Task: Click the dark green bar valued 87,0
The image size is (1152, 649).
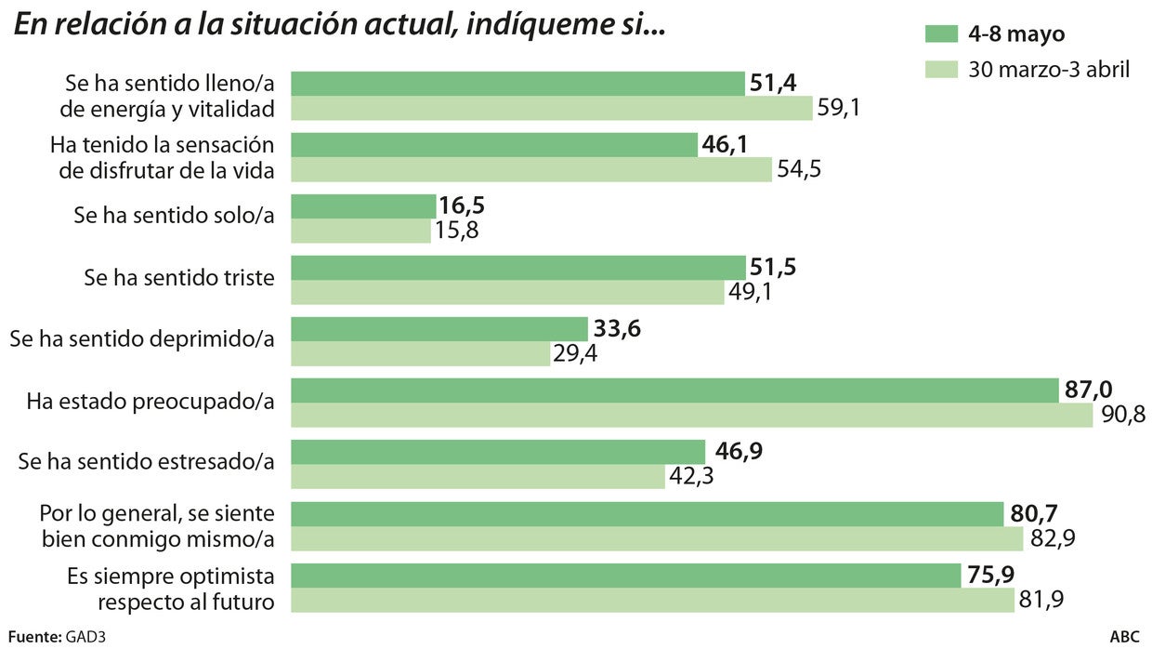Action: [x=675, y=391]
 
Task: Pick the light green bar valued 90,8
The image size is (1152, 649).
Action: [x=692, y=416]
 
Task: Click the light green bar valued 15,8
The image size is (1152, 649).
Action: [x=361, y=231]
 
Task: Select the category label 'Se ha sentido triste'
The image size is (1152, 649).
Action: [x=179, y=278]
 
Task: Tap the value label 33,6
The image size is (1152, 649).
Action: [x=617, y=329]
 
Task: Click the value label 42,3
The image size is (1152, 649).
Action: [x=692, y=477]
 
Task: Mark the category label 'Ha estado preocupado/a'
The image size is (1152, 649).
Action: [x=151, y=401]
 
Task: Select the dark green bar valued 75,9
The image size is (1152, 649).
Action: [x=626, y=575]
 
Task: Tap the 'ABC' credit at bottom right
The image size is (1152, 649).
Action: [x=1124, y=638]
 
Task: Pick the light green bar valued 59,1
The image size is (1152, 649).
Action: [x=553, y=109]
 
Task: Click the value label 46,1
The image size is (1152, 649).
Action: [x=727, y=145]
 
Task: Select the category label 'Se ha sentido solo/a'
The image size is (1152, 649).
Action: [x=175, y=217]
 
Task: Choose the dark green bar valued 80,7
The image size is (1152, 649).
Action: [x=648, y=513]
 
